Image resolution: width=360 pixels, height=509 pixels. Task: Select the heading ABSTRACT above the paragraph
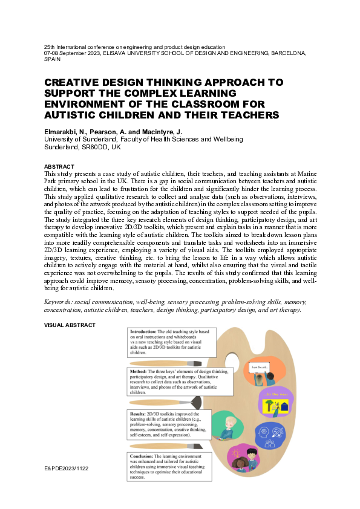pos(59,166)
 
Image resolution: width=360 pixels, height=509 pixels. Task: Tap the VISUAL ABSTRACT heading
pos(70,325)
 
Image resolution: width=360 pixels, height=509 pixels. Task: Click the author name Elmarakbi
pos(62,131)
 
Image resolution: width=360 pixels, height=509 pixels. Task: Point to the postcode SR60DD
pos(91,147)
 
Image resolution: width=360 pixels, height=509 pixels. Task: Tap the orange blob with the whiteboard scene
pos(265,371)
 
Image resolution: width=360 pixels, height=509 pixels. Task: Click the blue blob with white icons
pos(270,434)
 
